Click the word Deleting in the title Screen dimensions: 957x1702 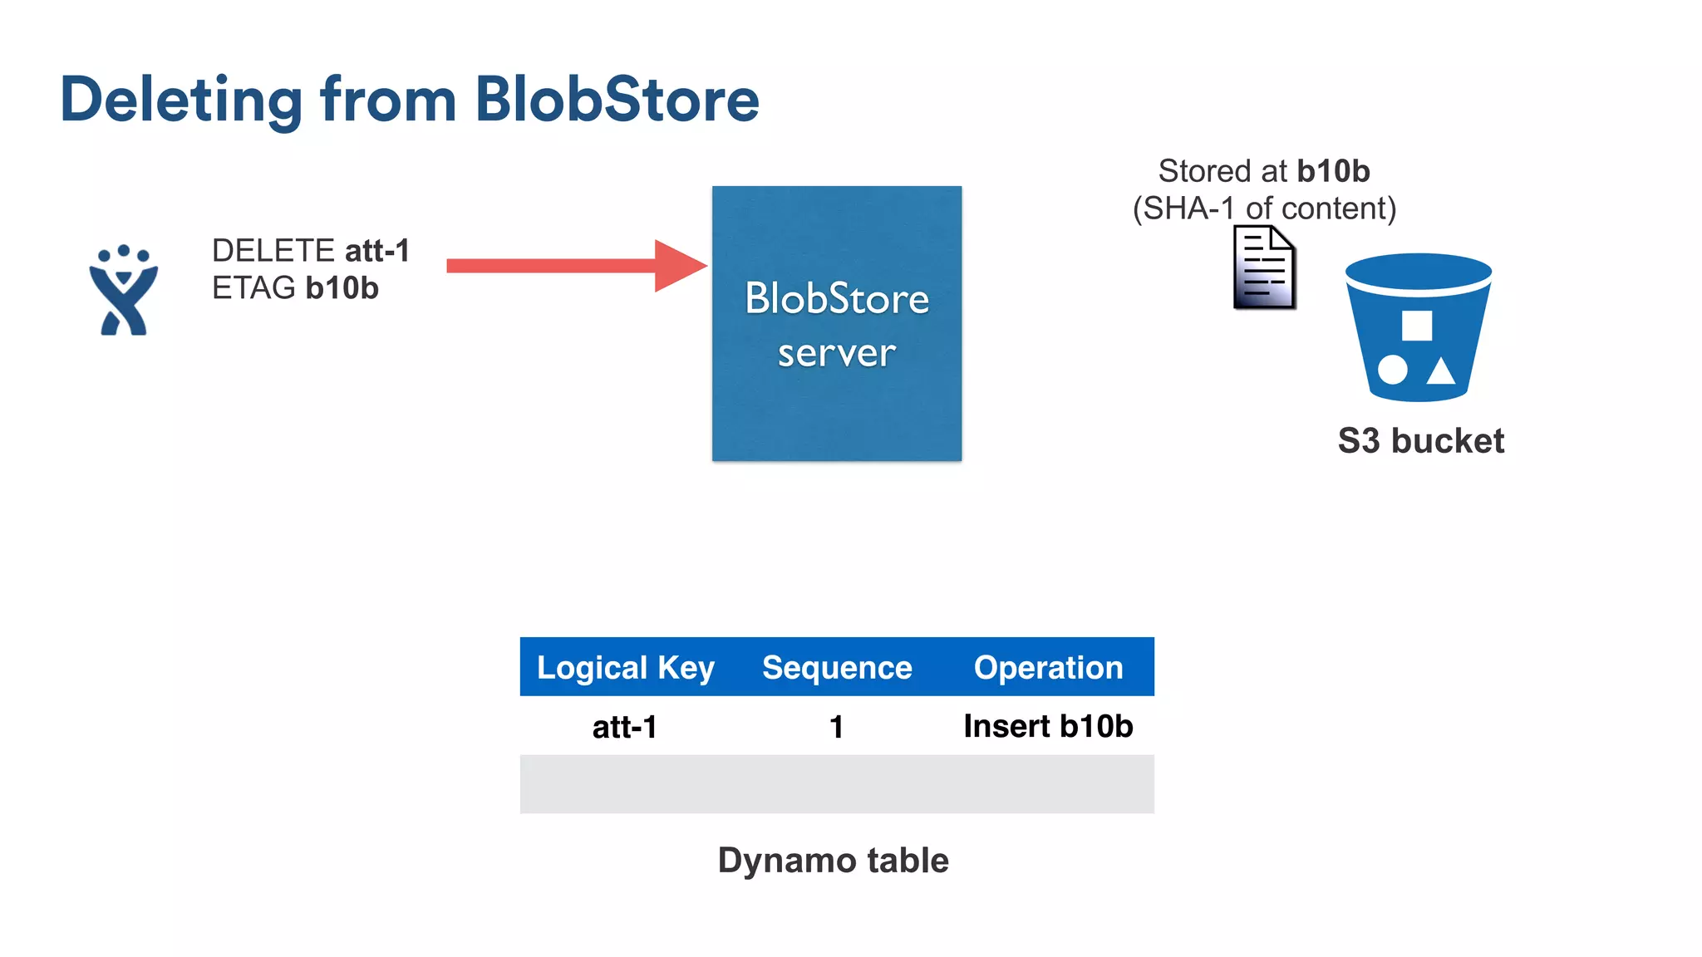181,101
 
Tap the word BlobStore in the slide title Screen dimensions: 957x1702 617,101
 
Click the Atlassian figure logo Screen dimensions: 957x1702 123,291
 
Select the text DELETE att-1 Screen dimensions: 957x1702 311,251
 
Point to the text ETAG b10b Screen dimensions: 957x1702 295,288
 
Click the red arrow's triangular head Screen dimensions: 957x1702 677,266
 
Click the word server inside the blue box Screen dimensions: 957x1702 836,354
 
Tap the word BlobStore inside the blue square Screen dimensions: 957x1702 836,299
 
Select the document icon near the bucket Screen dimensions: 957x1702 1264,268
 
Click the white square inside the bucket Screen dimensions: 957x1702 1416,326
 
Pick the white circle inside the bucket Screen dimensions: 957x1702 1393,370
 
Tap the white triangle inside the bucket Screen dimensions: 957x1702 1441,371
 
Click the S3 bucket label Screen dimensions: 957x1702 1420,441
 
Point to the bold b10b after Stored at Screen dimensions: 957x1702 1333,171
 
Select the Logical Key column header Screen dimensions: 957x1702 625,668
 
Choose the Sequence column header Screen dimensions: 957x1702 837,668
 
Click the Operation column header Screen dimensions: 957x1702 1048,668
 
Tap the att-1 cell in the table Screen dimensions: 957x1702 625,727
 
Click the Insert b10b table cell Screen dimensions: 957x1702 1048,727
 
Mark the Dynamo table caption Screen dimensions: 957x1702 833,861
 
